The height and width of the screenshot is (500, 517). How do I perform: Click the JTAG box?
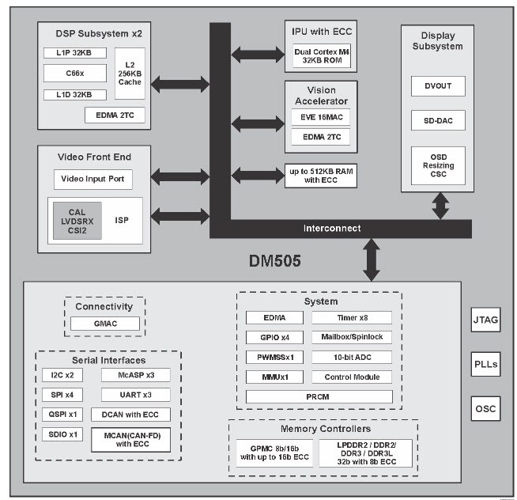[486, 323]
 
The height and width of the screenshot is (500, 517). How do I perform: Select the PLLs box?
[486, 366]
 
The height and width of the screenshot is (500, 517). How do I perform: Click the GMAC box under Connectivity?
[105, 324]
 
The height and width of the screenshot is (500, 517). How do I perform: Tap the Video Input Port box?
[93, 179]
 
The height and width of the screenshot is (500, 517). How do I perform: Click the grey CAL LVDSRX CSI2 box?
[76, 221]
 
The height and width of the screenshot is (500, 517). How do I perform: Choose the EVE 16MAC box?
[320, 117]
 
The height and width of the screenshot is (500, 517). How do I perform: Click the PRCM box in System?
[319, 396]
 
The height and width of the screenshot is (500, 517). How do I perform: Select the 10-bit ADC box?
[352, 358]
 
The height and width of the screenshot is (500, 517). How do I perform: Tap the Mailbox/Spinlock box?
[352, 338]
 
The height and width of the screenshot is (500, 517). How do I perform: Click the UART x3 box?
[135, 394]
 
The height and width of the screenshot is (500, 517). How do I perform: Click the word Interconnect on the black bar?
[332, 229]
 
